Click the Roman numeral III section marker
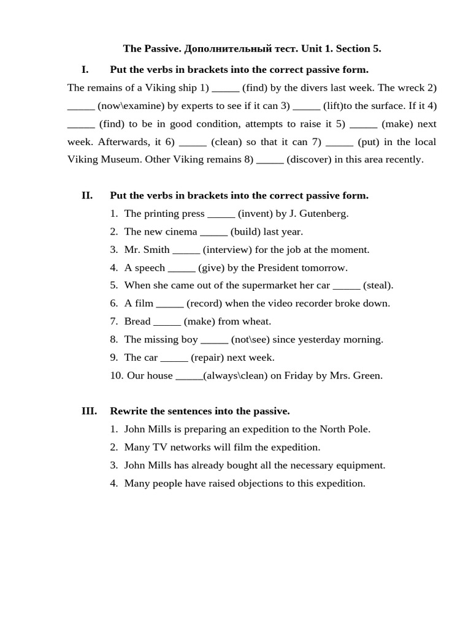tap(89, 411)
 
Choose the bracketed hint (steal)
tap(378, 285)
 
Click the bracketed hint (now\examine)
tap(131, 106)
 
